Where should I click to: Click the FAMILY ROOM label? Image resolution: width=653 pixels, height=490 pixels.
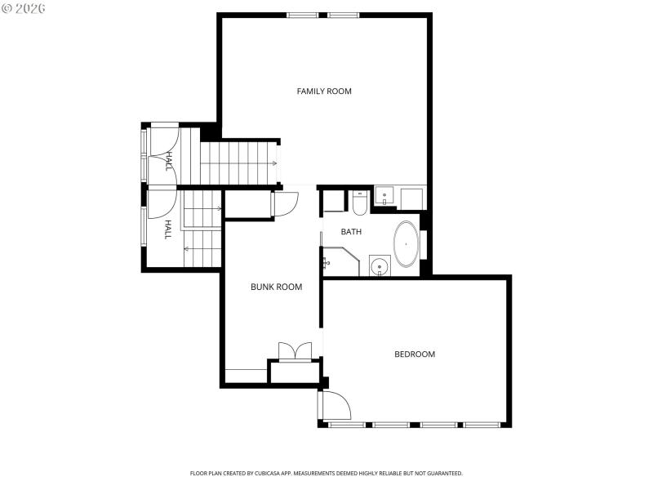(324, 91)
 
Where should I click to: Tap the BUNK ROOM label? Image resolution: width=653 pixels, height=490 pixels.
(276, 287)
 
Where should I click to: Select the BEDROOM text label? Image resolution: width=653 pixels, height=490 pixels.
(415, 354)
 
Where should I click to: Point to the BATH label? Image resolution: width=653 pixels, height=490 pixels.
(351, 232)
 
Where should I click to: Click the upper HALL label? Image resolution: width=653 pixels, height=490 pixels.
(169, 160)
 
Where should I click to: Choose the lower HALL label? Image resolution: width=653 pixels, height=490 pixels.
(168, 229)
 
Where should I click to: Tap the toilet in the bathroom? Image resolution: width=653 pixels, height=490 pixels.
(360, 203)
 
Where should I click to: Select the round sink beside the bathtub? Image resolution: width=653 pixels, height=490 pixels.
(379, 265)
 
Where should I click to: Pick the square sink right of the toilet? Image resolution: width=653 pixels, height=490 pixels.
(384, 198)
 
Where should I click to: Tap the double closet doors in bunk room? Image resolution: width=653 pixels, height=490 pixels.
(295, 350)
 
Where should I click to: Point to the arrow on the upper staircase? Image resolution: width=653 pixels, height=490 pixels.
(274, 163)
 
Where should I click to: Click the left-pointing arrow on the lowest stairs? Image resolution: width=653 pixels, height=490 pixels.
(187, 248)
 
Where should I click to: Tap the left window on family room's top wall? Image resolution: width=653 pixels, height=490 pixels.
(303, 15)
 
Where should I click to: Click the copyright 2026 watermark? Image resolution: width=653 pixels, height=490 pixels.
(24, 7)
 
